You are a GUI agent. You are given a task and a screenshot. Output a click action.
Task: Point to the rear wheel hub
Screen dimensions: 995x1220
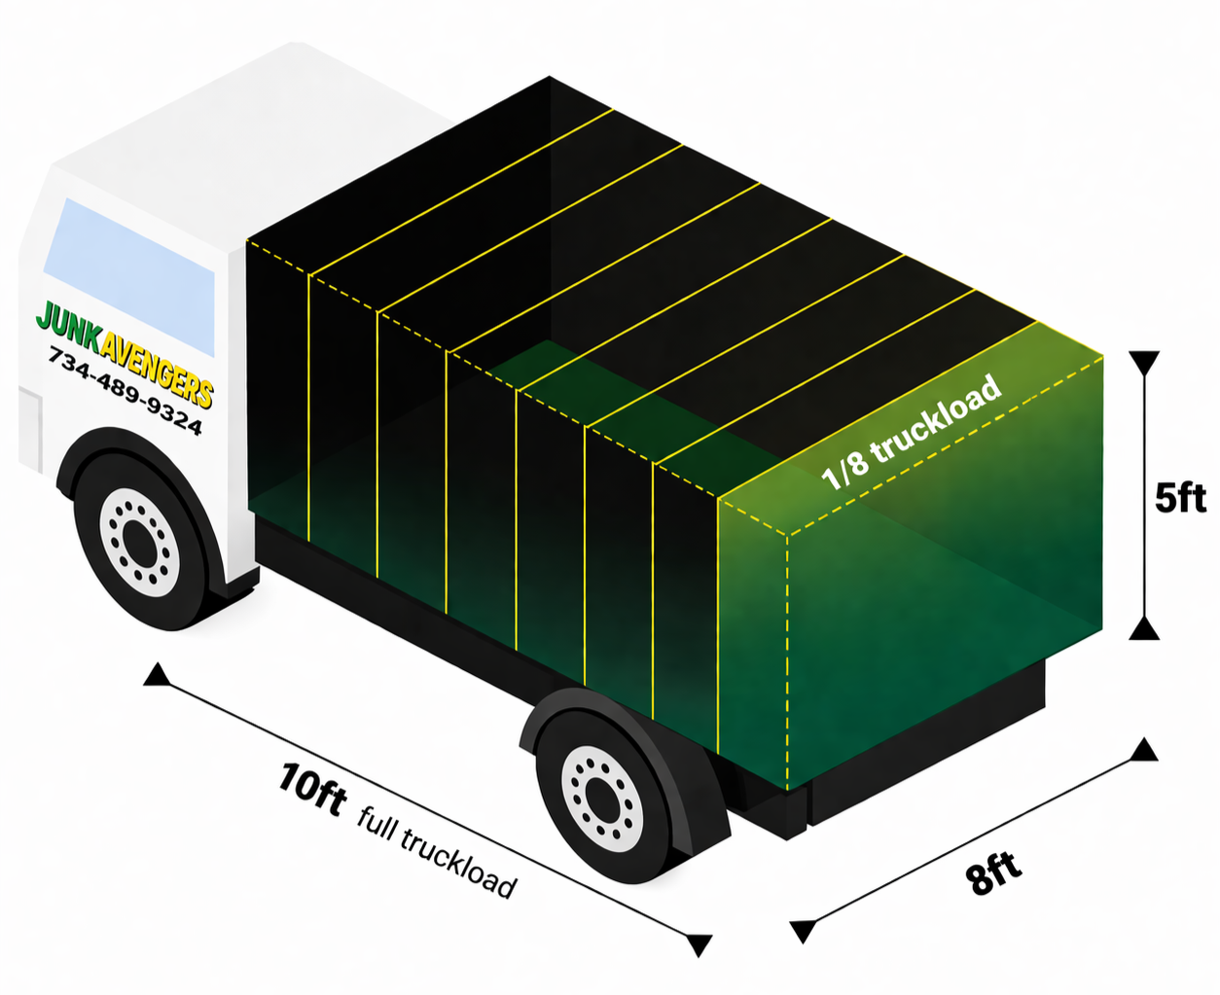[602, 799]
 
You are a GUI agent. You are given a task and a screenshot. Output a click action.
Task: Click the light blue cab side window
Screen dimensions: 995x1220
[129, 275]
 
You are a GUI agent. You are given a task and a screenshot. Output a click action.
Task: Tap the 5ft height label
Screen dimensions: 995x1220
[1180, 498]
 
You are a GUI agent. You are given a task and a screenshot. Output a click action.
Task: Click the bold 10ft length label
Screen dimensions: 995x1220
[311, 788]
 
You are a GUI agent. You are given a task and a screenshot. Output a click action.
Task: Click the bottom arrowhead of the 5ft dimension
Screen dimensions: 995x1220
[1144, 629]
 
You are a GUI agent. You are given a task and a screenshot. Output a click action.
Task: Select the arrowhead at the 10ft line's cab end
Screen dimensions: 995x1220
[156, 675]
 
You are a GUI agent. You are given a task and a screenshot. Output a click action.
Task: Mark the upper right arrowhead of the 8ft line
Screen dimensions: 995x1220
[1144, 750]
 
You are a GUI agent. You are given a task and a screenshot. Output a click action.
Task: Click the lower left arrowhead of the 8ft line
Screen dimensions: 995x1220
[803, 931]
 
